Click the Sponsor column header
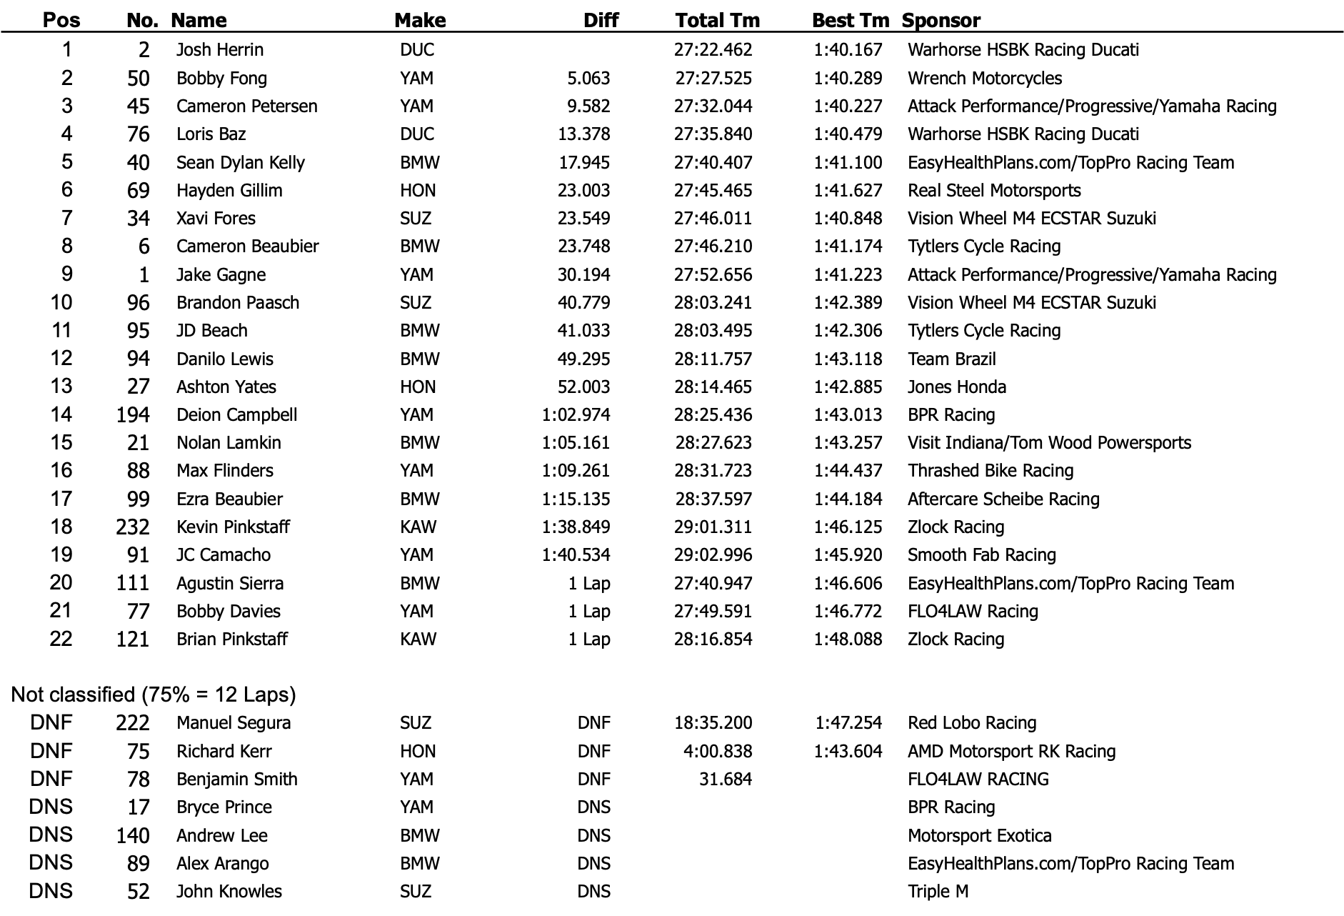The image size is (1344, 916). (941, 20)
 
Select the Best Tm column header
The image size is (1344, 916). (850, 20)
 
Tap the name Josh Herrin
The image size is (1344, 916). (220, 50)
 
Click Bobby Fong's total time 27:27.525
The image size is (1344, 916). (713, 78)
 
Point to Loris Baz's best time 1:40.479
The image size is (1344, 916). (848, 134)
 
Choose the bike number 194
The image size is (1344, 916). (133, 415)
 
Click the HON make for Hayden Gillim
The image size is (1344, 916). (418, 191)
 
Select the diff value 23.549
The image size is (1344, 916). (583, 219)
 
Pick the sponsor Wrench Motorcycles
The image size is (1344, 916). (984, 78)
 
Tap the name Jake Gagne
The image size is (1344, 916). (221, 275)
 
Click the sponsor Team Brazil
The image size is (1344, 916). (951, 359)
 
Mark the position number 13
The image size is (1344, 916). (61, 387)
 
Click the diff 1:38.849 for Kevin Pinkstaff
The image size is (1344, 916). (576, 527)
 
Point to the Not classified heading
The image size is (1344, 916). (153, 695)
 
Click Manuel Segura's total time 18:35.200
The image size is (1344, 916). (713, 723)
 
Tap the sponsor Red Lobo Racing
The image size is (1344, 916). (971, 723)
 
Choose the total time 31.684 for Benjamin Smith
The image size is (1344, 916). (725, 780)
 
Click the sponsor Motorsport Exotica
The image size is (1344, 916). (979, 835)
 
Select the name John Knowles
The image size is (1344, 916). (229, 892)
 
